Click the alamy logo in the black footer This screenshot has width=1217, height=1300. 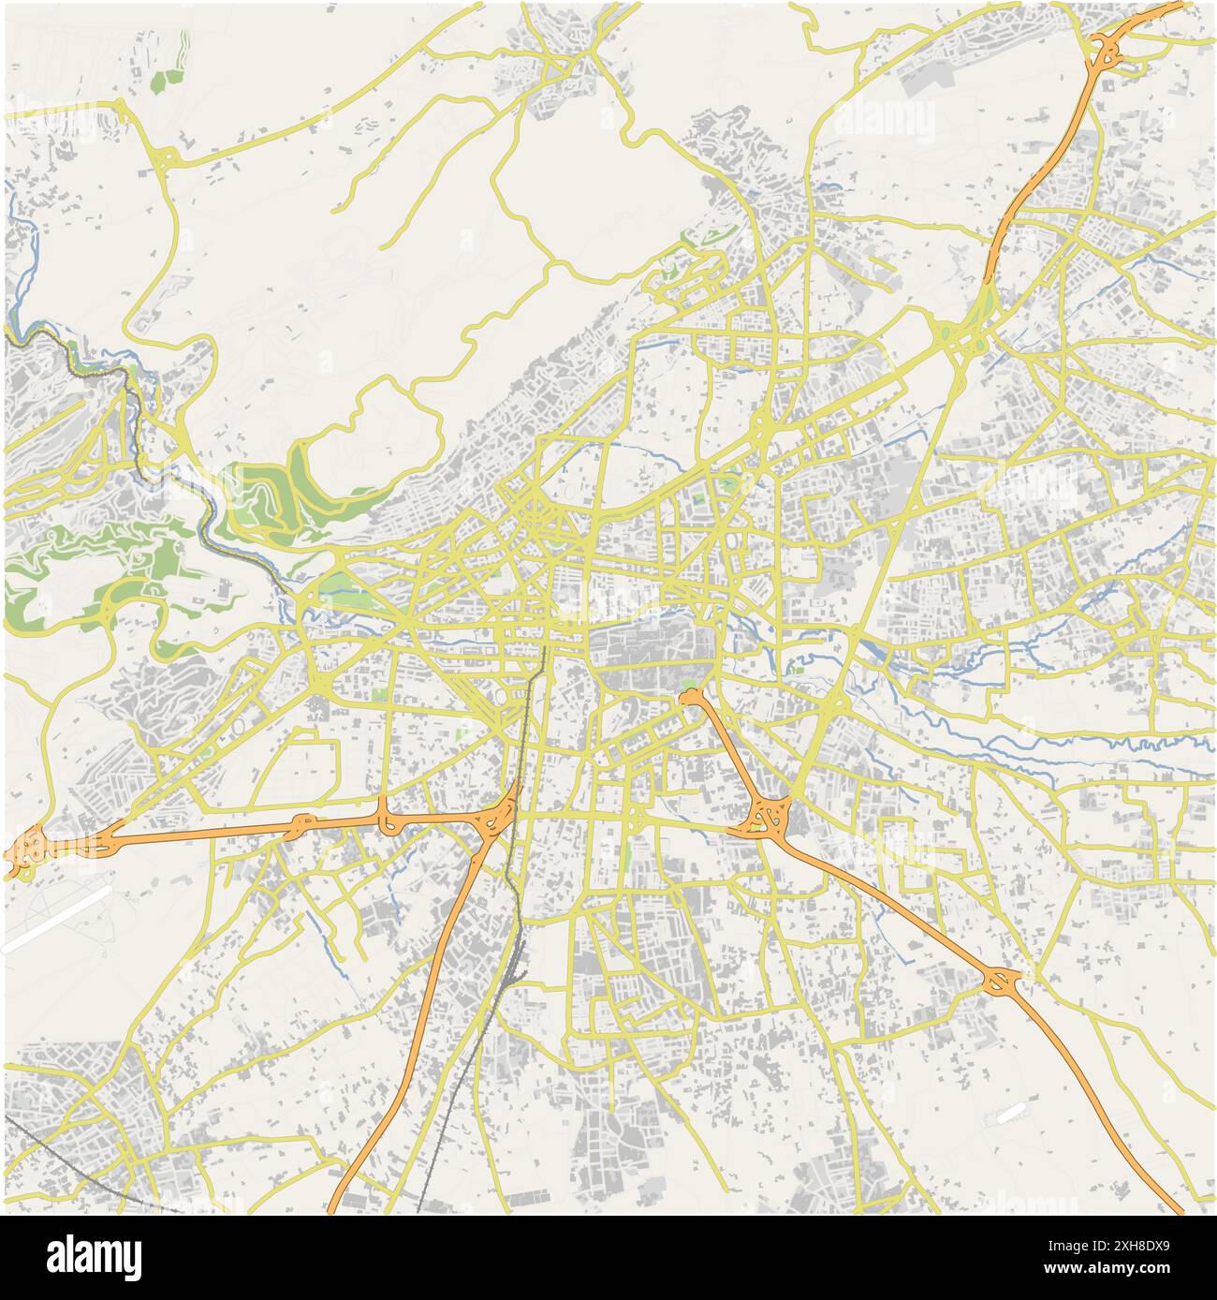pyautogui.click(x=94, y=1257)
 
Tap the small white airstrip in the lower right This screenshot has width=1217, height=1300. pyautogui.click(x=1010, y=1114)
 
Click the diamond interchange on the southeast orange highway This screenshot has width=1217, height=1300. pyautogui.click(x=1003, y=982)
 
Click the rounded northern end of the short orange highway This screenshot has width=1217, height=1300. pyautogui.click(x=691, y=696)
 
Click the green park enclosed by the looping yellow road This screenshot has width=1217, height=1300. pyautogui.click(x=276, y=492)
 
